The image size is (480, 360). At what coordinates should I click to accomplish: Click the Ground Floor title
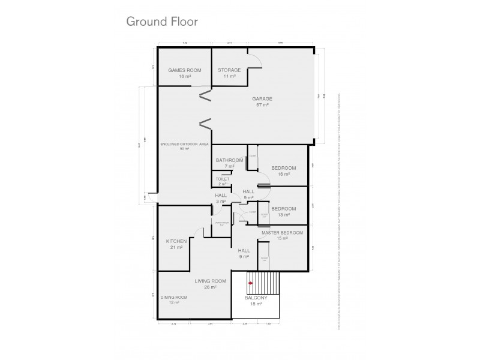161,22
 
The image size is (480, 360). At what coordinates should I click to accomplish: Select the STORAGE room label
229,70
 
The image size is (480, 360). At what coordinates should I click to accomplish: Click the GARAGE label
262,98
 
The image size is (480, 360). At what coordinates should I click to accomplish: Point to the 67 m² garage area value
262,105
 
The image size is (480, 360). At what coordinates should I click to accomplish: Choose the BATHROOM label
230,160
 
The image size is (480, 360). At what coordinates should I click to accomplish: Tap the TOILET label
223,179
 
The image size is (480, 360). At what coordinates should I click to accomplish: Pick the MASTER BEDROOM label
282,232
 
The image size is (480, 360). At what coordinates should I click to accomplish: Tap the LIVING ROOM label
210,281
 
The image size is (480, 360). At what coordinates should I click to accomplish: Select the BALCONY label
256,298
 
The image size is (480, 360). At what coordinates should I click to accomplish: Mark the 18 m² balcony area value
256,305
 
